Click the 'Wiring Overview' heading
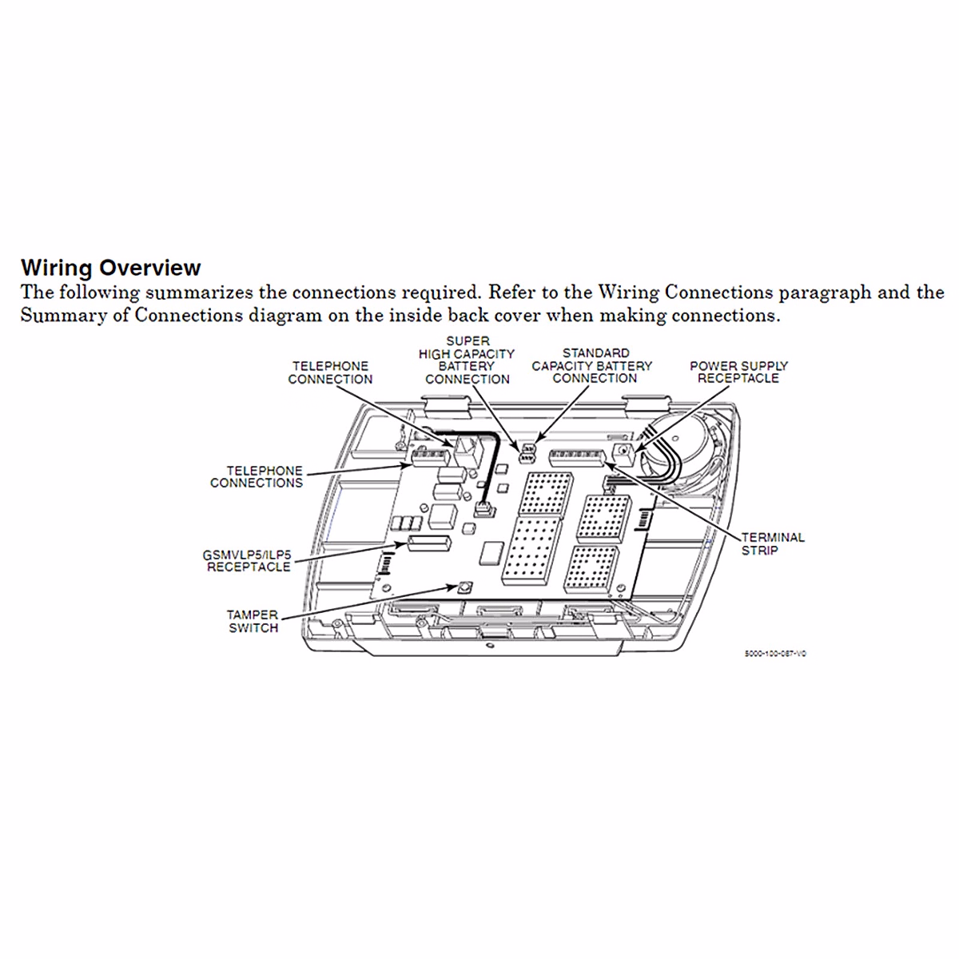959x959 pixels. [x=110, y=267]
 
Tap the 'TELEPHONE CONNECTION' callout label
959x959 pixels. [x=330, y=372]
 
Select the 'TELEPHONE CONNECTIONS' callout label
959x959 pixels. [x=257, y=477]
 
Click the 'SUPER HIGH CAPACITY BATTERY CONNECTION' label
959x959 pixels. [x=468, y=360]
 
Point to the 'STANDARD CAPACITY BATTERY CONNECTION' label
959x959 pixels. [x=592, y=365]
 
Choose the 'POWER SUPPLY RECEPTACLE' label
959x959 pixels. [x=738, y=372]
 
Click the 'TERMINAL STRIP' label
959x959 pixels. [x=773, y=543]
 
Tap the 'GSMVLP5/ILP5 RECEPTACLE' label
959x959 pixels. [x=249, y=560]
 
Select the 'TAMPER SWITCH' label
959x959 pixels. [x=253, y=621]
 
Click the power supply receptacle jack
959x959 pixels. [x=623, y=453]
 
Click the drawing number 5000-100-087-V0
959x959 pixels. [x=775, y=653]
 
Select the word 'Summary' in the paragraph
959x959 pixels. [x=51, y=316]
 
